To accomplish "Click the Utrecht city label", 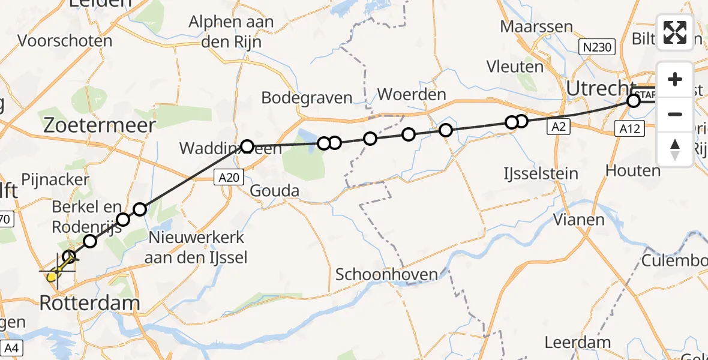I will point(601,89).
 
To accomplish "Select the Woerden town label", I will point(412,94).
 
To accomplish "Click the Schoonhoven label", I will point(386,274).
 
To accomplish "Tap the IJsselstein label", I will point(541,174).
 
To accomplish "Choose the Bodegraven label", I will point(307,98).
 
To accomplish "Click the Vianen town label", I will point(578,220).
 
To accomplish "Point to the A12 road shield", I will point(632,127).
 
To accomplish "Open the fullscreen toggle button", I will point(675,32).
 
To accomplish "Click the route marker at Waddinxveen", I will point(247,145).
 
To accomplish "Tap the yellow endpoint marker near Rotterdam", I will point(53,277).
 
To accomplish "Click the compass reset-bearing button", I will point(675,148).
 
